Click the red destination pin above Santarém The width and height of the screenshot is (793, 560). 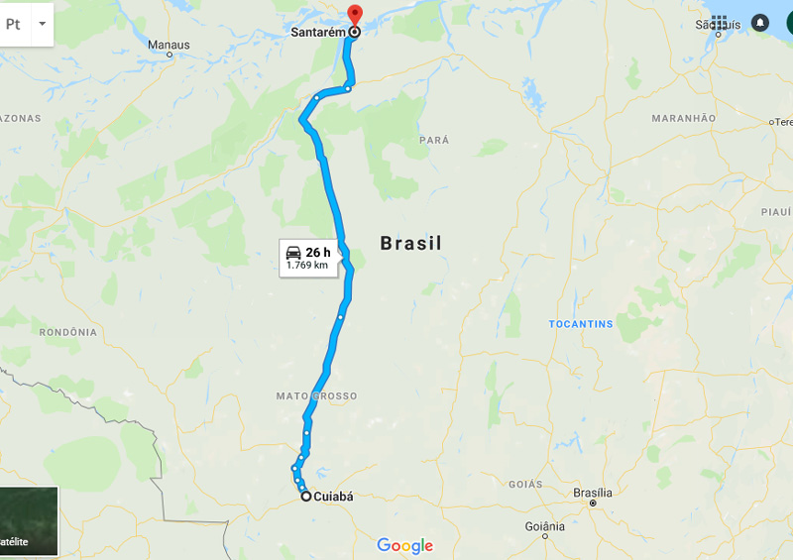click(x=355, y=15)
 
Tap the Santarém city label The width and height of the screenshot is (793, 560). click(x=318, y=32)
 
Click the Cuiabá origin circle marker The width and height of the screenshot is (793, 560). click(x=305, y=497)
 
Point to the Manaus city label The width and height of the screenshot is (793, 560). click(x=168, y=45)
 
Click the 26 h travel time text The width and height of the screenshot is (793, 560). click(x=317, y=252)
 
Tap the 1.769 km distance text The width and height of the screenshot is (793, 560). click(x=306, y=265)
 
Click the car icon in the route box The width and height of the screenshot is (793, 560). click(x=293, y=252)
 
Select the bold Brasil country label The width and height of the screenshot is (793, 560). click(x=411, y=243)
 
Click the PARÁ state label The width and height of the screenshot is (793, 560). click(x=434, y=141)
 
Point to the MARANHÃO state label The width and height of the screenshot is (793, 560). click(x=683, y=118)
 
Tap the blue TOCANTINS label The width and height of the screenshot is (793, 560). click(x=581, y=324)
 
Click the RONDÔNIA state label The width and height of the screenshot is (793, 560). click(x=67, y=332)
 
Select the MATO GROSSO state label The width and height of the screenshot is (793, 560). click(x=316, y=396)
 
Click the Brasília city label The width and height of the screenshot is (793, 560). click(x=593, y=493)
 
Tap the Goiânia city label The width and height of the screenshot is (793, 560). click(x=544, y=525)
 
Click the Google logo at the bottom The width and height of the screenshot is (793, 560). click(x=404, y=545)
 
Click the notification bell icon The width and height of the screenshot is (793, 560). click(x=760, y=22)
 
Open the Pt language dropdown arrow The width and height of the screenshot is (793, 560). click(x=42, y=22)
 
